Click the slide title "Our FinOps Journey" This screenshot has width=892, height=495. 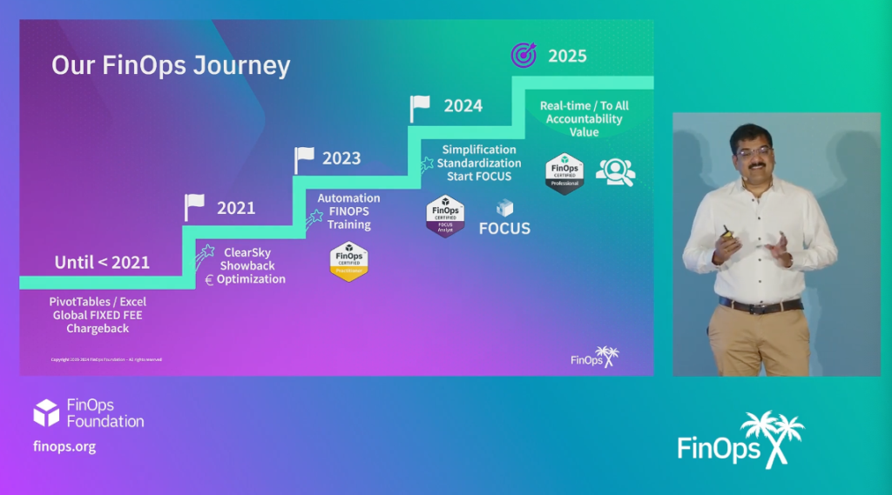[x=170, y=66]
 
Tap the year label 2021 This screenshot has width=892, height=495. [x=236, y=208]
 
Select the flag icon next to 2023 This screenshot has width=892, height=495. [x=303, y=159]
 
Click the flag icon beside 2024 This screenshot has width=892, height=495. [x=420, y=108]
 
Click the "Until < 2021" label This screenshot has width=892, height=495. [x=102, y=262]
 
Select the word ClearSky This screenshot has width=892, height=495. [x=247, y=251]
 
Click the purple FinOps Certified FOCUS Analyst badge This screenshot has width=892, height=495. [x=445, y=216]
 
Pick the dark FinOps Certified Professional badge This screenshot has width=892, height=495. [x=564, y=173]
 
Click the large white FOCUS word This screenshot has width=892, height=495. [x=504, y=229]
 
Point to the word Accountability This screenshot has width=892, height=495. [x=585, y=119]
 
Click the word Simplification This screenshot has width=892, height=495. [x=479, y=150]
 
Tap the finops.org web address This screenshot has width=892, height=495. [x=64, y=446]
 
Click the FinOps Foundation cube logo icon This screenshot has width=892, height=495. [x=46, y=413]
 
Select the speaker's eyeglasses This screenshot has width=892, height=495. [x=753, y=150]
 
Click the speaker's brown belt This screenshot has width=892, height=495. [x=760, y=305]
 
